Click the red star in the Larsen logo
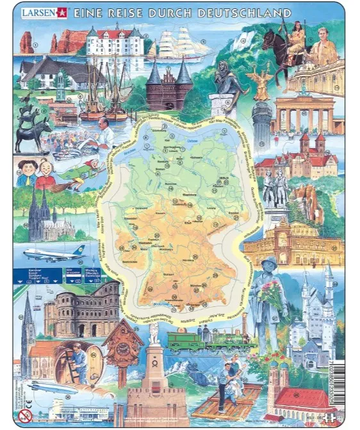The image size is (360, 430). point(61,13)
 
